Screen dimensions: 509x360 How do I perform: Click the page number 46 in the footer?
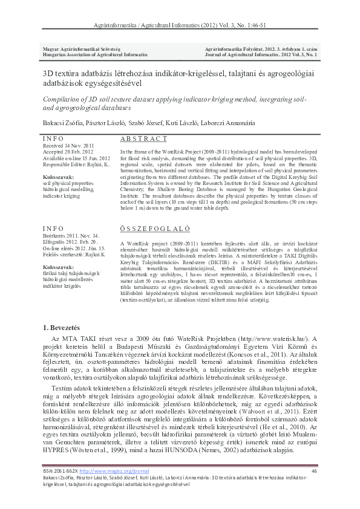pyautogui.click(x=314, y=471)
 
